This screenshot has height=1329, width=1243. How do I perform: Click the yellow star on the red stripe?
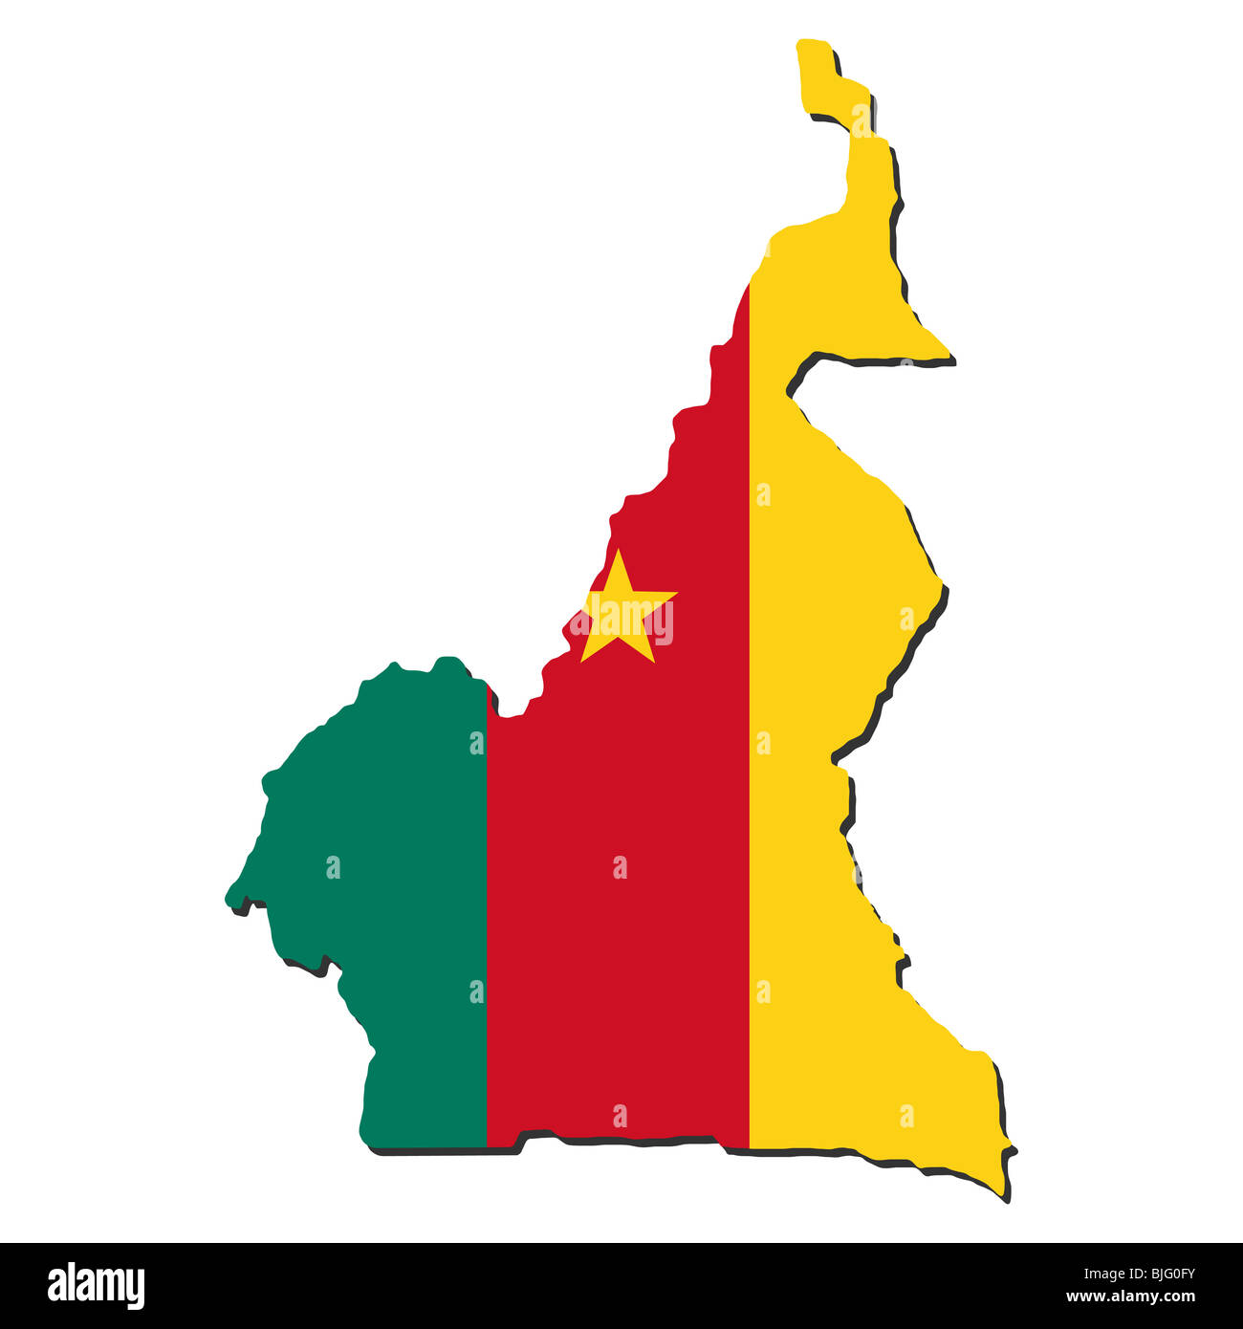tap(621, 613)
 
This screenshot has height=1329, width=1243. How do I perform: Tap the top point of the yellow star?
tap(620, 552)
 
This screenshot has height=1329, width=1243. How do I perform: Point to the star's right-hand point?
tap(674, 595)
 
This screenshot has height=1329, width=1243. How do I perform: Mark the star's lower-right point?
tap(653, 661)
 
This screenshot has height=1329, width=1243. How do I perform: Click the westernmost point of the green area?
tap(228, 899)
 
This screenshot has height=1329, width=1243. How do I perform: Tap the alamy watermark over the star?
tap(621, 622)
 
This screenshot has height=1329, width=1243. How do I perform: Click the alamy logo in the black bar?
tap(97, 1285)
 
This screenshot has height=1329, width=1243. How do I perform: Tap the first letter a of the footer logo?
tap(56, 1287)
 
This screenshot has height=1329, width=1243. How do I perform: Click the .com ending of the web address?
tap(1177, 1298)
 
